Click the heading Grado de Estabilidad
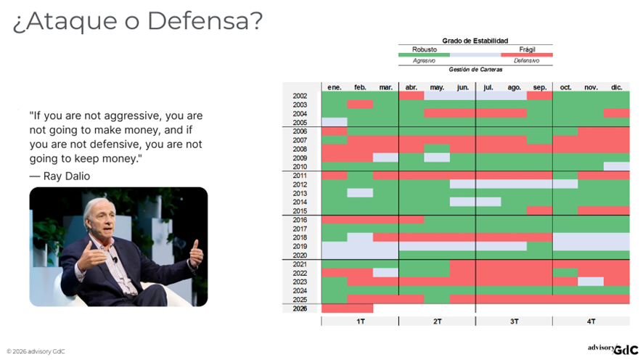click(475, 41)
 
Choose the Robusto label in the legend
click(425, 49)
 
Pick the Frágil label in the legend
click(526, 49)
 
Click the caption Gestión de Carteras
click(475, 69)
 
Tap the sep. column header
click(540, 87)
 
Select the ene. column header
click(334, 87)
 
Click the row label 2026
click(300, 308)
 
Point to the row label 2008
click(300, 149)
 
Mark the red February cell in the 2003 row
click(360, 105)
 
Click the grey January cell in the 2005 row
click(334, 122)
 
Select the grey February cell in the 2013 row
click(360, 193)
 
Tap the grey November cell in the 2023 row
click(591, 282)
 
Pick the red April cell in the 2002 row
click(411, 96)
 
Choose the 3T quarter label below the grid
click(514, 321)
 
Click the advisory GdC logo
click(613, 349)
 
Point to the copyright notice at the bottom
click(36, 351)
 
